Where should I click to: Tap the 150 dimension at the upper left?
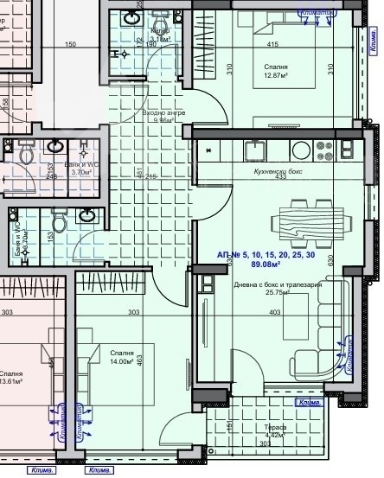[x=70, y=45]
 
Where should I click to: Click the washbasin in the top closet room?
[x=134, y=18]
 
